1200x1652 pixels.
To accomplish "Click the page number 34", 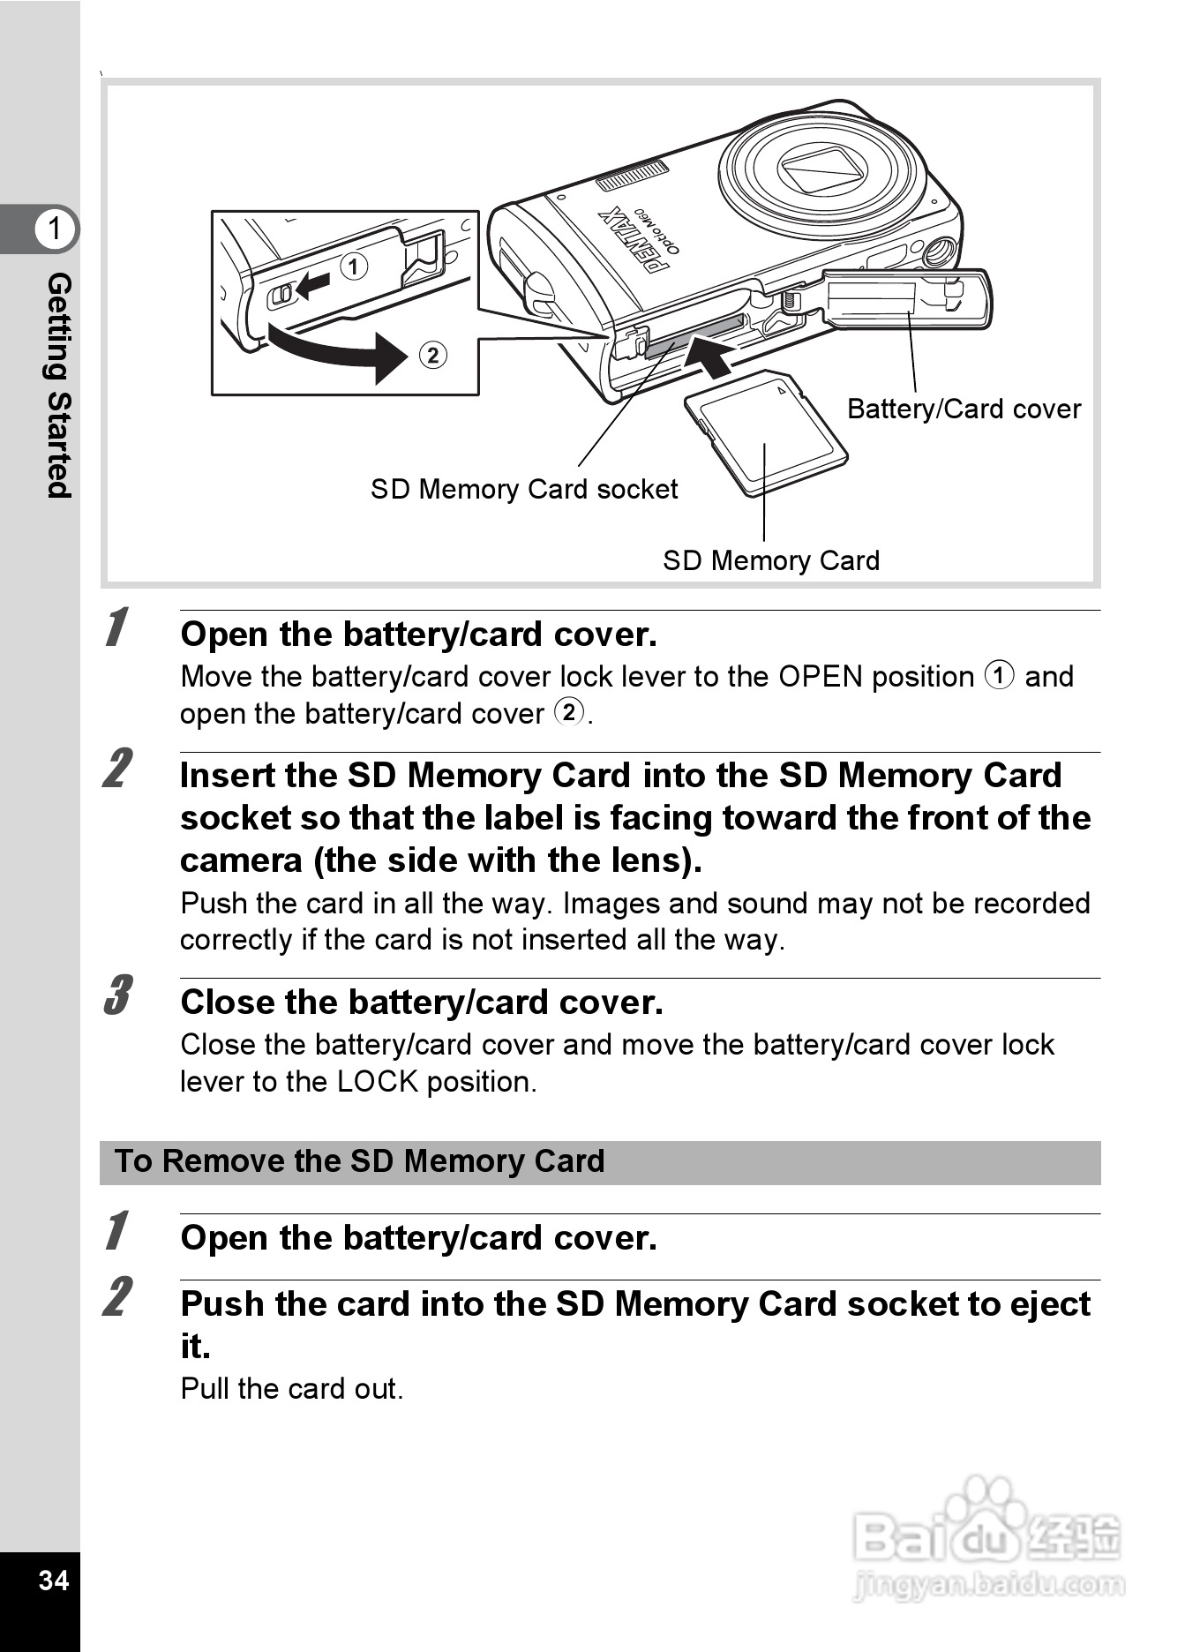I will pyautogui.click(x=53, y=1579).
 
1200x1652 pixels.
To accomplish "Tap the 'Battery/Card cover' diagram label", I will pyautogui.click(x=964, y=409).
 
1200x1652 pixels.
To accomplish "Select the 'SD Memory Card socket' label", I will pyautogui.click(x=523, y=489).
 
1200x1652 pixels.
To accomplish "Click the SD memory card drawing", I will pyautogui.click(x=764, y=432).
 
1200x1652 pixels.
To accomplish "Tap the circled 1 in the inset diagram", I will pyautogui.click(x=354, y=267).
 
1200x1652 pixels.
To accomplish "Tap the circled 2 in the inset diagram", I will pyautogui.click(x=432, y=355).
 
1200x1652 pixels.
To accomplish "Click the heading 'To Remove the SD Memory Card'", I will pyautogui.click(x=360, y=1161).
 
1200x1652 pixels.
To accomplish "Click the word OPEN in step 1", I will pyautogui.click(x=820, y=677).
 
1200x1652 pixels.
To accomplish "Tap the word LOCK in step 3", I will pyautogui.click(x=377, y=1082).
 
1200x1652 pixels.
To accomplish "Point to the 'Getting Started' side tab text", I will pyautogui.click(x=58, y=385).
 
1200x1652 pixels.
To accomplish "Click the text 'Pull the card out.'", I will pyautogui.click(x=291, y=1389).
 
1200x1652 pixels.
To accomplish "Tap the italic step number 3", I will pyautogui.click(x=117, y=995).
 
